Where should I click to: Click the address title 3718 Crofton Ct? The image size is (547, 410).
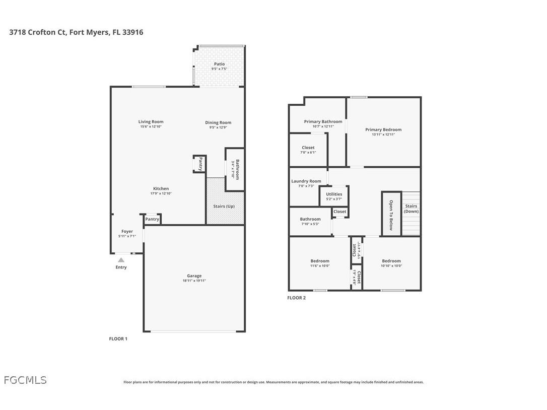point(76,32)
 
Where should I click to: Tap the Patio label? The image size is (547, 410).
point(219,64)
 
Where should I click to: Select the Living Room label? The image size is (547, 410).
point(151,121)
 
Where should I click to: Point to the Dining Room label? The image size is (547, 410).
point(218,122)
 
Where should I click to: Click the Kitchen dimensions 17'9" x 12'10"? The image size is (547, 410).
point(161,193)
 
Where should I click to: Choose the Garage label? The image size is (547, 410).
point(194,276)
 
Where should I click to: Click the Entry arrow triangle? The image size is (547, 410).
point(121,260)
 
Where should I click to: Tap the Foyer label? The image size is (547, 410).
point(127,231)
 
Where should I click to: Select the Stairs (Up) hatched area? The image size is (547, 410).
point(225,207)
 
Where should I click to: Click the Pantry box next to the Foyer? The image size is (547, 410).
point(152,219)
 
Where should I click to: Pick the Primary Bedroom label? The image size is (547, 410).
point(383,129)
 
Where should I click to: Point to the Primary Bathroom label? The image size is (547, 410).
point(323,121)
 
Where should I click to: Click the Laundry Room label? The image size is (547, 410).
point(306,181)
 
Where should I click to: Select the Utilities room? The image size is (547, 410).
point(334,195)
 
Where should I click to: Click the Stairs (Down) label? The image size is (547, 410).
point(412,209)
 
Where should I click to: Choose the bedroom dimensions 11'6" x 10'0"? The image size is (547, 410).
point(320,266)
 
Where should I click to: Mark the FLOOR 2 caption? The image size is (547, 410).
point(296,298)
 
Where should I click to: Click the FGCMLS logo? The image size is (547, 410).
point(25,380)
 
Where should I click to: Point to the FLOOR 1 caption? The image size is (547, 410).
point(118,338)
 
